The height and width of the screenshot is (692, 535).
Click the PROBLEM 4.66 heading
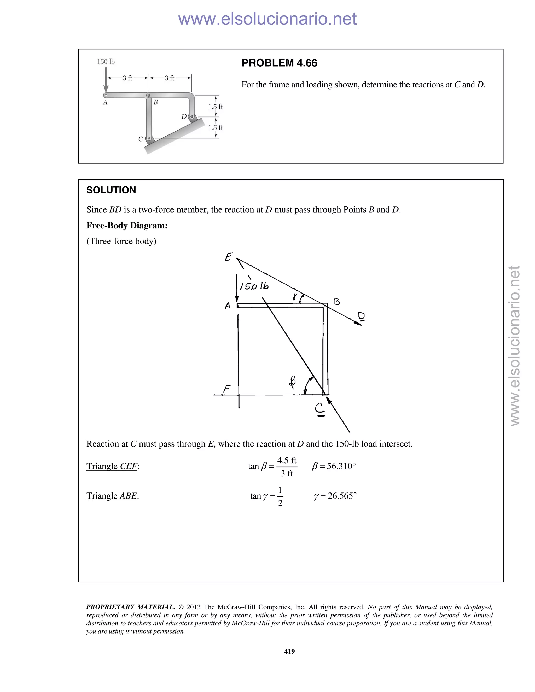(x=279, y=63)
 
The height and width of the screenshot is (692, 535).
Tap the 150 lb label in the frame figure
(x=106, y=62)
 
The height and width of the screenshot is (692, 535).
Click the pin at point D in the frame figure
(x=191, y=117)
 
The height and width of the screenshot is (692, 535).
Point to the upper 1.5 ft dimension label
(x=215, y=107)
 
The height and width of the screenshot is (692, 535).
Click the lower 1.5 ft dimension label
(x=215, y=128)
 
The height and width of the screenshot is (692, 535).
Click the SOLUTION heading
(x=111, y=190)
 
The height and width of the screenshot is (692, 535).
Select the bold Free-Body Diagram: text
(x=127, y=226)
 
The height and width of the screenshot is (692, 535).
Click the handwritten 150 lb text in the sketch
(x=254, y=286)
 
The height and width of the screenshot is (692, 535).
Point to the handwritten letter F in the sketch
(x=226, y=389)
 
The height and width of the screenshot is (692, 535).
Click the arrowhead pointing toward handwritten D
(x=358, y=323)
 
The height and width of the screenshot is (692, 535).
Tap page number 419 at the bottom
(x=289, y=651)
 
